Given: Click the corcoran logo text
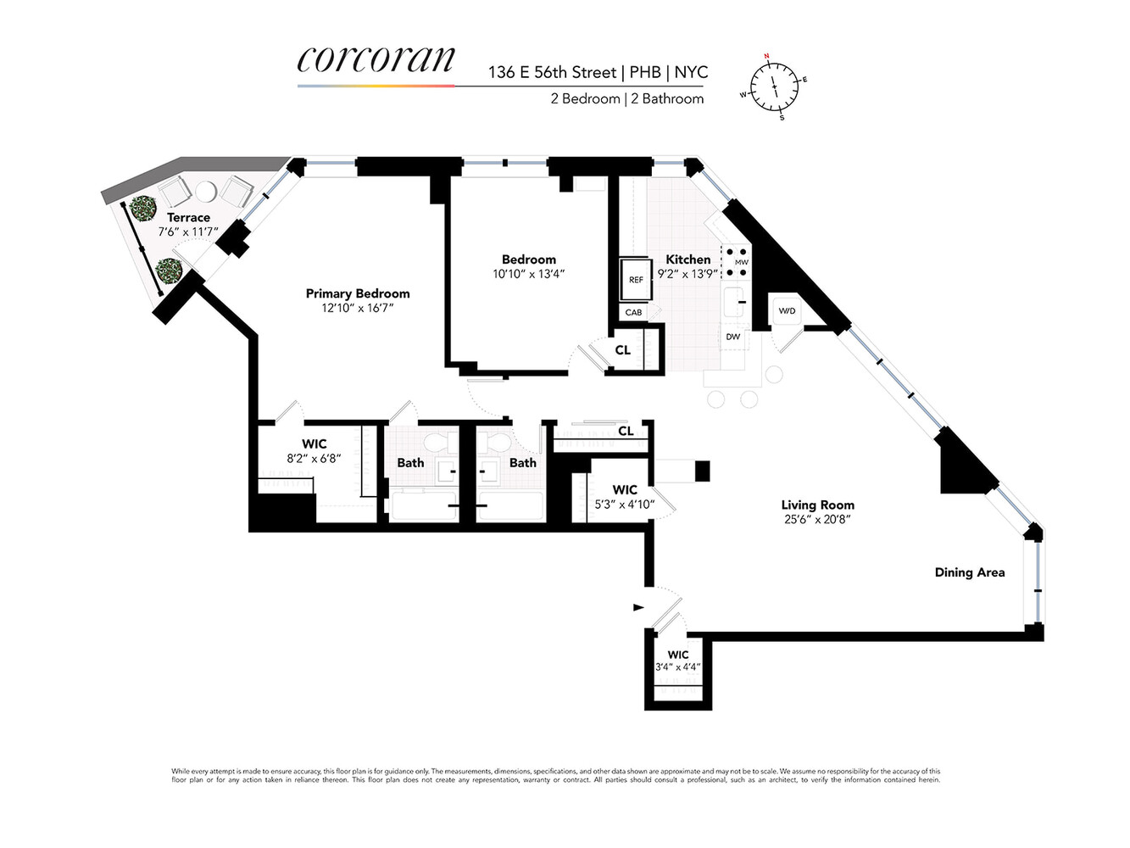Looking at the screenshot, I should point(376,59).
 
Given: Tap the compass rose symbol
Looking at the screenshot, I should point(774,86).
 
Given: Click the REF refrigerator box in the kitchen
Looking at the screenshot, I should point(636,279).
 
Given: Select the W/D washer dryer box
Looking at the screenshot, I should point(787,311).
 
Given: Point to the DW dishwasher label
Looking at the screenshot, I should point(733,337).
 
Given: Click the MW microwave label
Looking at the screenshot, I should point(742,262).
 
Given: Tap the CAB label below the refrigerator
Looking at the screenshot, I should point(633,312).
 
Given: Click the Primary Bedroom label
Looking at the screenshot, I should point(358,293).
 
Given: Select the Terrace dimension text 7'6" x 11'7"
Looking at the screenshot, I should point(188,232).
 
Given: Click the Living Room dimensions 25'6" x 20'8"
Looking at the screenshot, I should point(817,519).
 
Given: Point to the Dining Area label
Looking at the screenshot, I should point(969,572).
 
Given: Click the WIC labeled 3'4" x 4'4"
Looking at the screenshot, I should point(678,661).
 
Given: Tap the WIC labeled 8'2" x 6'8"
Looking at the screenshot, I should point(314,451).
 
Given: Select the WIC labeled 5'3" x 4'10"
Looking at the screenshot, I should point(625,497).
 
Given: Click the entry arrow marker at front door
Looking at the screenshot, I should point(638,606).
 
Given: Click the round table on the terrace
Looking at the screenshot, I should point(206,191).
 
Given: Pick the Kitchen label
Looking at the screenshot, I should point(687,259).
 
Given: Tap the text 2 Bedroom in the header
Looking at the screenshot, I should point(585,98).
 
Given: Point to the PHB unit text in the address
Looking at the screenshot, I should point(645,72).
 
